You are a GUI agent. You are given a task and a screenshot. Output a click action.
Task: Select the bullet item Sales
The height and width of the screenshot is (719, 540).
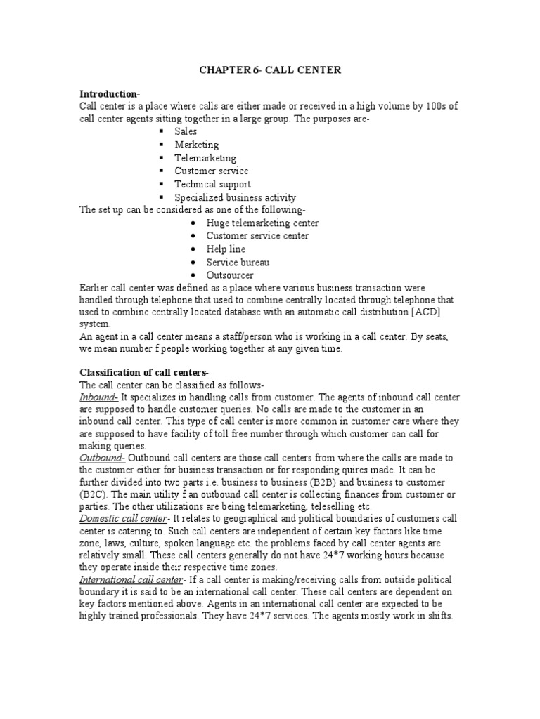click(186, 131)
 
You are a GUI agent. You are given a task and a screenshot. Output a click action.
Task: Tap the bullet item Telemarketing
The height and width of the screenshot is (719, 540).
click(205, 158)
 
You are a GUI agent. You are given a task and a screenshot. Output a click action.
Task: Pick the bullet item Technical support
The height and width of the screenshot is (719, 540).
click(212, 184)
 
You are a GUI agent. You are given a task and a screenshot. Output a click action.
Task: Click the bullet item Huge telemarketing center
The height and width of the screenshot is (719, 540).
click(262, 223)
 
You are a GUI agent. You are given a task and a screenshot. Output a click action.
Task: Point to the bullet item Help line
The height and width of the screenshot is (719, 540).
click(226, 249)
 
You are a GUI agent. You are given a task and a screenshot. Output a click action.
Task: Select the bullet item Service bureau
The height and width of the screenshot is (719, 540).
click(238, 263)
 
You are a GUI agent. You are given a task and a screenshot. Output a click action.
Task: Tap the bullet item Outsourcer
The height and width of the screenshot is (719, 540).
click(230, 275)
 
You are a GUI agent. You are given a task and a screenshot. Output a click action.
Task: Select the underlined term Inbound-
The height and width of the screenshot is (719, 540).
click(99, 397)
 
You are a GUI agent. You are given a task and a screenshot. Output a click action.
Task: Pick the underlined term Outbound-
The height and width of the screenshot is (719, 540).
click(103, 458)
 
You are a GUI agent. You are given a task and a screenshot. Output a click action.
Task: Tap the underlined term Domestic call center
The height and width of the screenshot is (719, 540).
click(123, 518)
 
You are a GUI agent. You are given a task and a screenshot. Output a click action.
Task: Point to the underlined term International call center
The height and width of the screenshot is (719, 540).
click(130, 579)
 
